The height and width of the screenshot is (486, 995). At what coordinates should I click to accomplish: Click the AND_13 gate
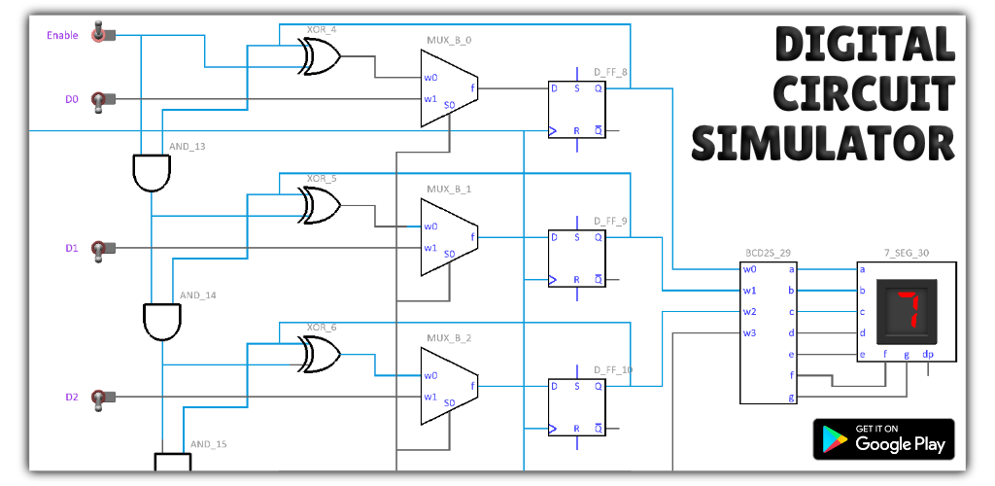click(x=152, y=173)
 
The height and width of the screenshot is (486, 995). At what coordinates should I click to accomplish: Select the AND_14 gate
click(x=162, y=323)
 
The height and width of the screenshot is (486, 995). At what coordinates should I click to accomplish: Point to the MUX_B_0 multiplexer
click(x=449, y=88)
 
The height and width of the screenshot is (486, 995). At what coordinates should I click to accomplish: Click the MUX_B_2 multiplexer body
click(x=449, y=387)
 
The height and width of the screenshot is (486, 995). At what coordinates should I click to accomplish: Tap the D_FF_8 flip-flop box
click(x=577, y=110)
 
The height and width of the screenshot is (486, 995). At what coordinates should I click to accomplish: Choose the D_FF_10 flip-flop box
click(x=577, y=407)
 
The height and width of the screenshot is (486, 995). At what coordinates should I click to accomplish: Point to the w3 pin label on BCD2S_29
click(x=749, y=333)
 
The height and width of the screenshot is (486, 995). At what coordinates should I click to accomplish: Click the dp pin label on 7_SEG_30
click(x=928, y=354)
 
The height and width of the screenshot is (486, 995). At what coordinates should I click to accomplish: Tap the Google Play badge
click(x=883, y=439)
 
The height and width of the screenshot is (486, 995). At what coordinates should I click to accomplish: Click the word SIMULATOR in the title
click(x=823, y=144)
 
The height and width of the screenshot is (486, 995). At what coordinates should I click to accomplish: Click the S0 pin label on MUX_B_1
click(x=449, y=254)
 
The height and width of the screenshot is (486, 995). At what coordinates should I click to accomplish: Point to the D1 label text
click(x=72, y=248)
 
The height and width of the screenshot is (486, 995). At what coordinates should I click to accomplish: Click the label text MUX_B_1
click(x=449, y=190)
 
